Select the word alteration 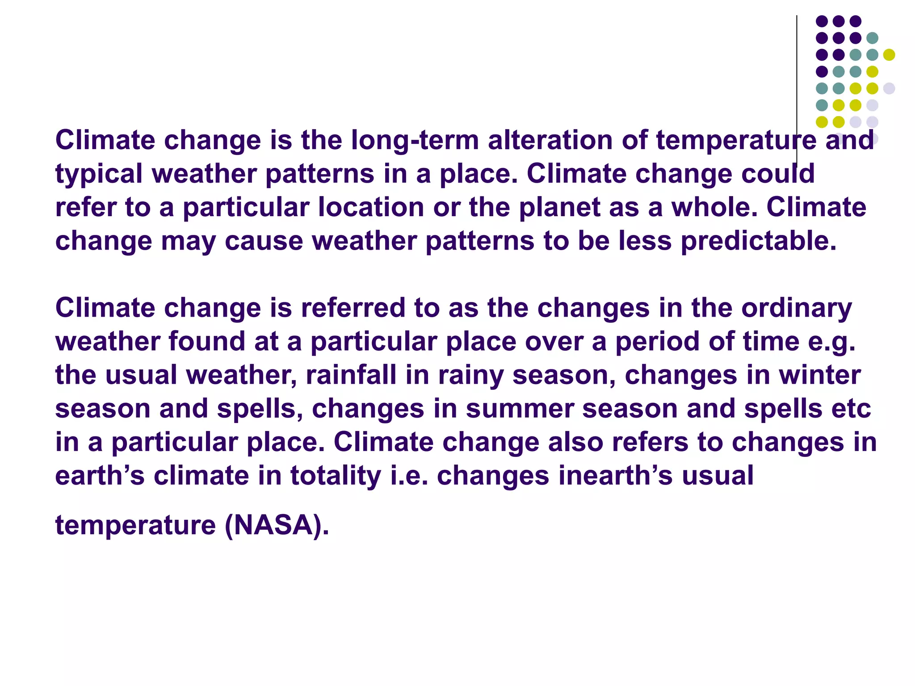[550, 141]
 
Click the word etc [851, 409]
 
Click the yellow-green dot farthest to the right [889, 55]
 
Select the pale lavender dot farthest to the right [889, 88]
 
